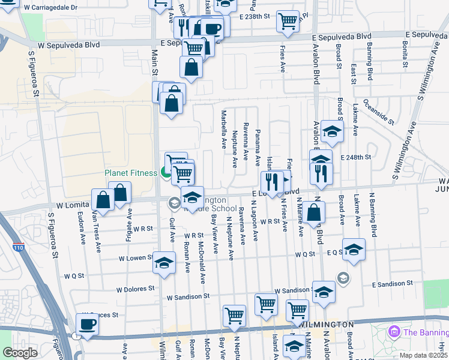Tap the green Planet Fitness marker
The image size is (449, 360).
(x=166, y=173)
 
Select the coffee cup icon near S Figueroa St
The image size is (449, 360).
(x=88, y=325)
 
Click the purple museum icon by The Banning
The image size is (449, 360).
(x=394, y=331)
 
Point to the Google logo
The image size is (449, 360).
(x=20, y=353)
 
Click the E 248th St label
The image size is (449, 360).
(x=356, y=157)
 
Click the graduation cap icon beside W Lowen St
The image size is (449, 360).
(x=163, y=263)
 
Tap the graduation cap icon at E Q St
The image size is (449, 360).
(x=354, y=250)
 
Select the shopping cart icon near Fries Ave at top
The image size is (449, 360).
(x=288, y=21)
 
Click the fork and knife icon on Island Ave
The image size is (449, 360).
(x=272, y=181)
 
